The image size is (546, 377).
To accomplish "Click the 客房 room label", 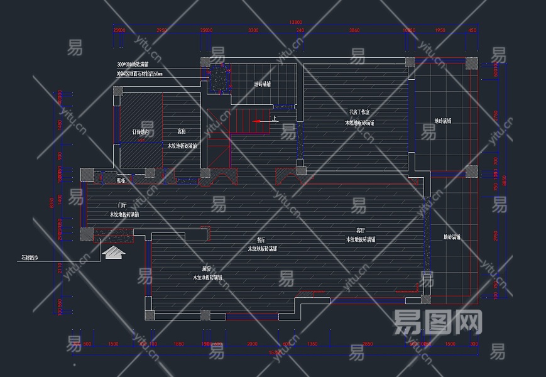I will pos(181,132).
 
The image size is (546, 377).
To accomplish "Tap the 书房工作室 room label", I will pos(361,112).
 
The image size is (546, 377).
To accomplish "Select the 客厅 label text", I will pos(361,231).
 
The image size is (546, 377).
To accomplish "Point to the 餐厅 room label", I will pos(261,240).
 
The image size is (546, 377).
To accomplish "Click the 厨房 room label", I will pos(206,268).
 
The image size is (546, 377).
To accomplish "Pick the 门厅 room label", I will pos(123,205).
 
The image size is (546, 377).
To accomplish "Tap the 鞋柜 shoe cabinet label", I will pos(121,180).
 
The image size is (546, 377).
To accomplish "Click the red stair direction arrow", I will pos(258,120).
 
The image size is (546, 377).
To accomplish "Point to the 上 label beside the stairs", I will pos(274,117).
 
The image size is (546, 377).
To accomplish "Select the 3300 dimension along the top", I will pos(253,30).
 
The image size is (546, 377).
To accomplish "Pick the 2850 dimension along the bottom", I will pos(368,344).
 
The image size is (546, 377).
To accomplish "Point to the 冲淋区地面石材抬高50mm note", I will pos(139,74).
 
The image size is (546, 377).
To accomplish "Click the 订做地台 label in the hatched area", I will pos(141,132).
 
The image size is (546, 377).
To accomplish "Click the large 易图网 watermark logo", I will pos(438,322).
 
